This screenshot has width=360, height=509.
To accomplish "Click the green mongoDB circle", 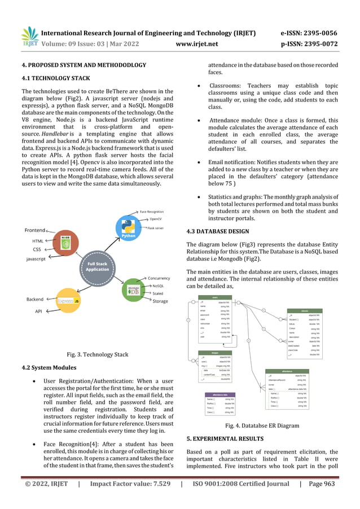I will [x=132, y=290].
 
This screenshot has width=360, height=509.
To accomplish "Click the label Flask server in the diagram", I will [x=156, y=229].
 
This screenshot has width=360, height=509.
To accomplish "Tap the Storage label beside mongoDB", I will [x=160, y=301].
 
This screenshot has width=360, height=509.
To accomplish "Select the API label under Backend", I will [x=38, y=311].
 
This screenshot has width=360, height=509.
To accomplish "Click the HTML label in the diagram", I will [x=37, y=241].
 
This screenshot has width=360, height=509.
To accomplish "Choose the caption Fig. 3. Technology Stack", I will [x=98, y=354].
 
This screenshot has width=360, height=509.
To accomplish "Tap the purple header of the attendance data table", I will [x=220, y=394].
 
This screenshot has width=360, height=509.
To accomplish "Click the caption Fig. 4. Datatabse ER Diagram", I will [x=261, y=426].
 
